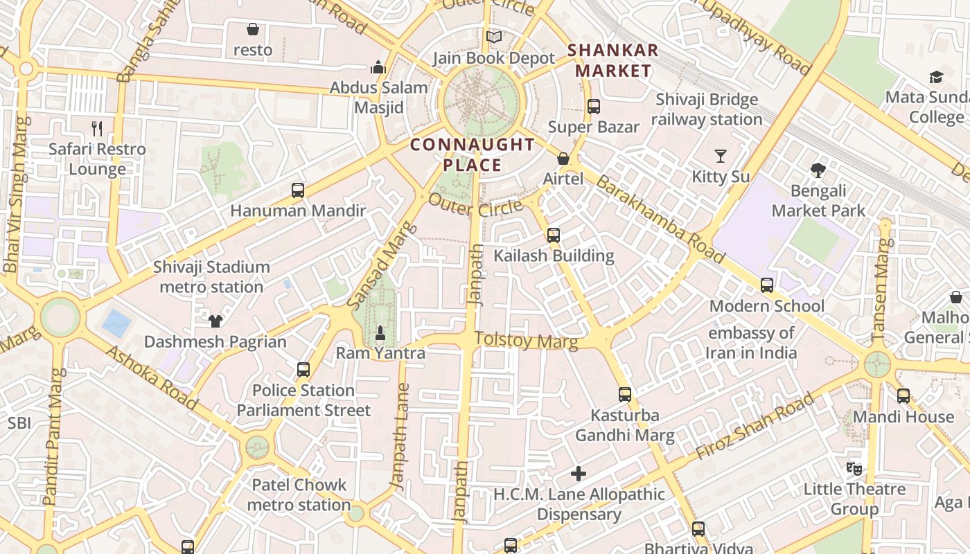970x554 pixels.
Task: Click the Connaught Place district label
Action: [x=472, y=154]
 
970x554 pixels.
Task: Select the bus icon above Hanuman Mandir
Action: [x=298, y=190]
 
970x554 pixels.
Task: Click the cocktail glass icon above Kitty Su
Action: [x=721, y=156]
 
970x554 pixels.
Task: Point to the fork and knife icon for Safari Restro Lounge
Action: [x=97, y=128]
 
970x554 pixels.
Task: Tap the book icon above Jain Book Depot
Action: [x=493, y=37]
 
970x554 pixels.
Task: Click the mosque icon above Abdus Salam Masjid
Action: [x=378, y=67]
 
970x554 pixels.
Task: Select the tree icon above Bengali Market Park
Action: [x=818, y=170]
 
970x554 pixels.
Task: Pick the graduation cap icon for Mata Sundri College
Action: [x=936, y=77]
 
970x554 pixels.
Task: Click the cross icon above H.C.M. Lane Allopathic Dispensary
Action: [x=579, y=474]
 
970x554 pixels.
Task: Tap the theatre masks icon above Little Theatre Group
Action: [x=854, y=469]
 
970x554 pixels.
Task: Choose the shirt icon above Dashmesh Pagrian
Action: [x=215, y=321]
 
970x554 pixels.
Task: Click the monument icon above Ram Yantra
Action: [x=380, y=333]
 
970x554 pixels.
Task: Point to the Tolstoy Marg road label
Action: [x=526, y=340]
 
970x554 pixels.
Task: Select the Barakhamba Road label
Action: [x=660, y=219]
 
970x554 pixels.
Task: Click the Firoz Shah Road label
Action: [x=755, y=426]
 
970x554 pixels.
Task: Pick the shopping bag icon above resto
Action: [x=253, y=29]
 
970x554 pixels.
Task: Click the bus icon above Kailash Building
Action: [x=553, y=235]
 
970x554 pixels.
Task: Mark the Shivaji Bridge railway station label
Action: [x=707, y=109]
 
